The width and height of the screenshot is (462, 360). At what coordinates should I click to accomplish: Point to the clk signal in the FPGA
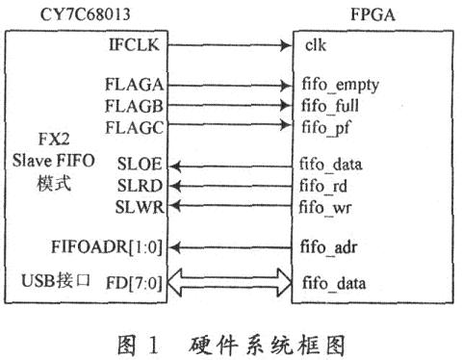click(319, 45)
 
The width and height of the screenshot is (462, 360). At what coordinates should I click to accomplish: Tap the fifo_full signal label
click(334, 104)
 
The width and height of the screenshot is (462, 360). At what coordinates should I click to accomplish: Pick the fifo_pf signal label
click(330, 125)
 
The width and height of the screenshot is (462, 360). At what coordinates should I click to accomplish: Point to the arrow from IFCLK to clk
click(230, 45)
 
